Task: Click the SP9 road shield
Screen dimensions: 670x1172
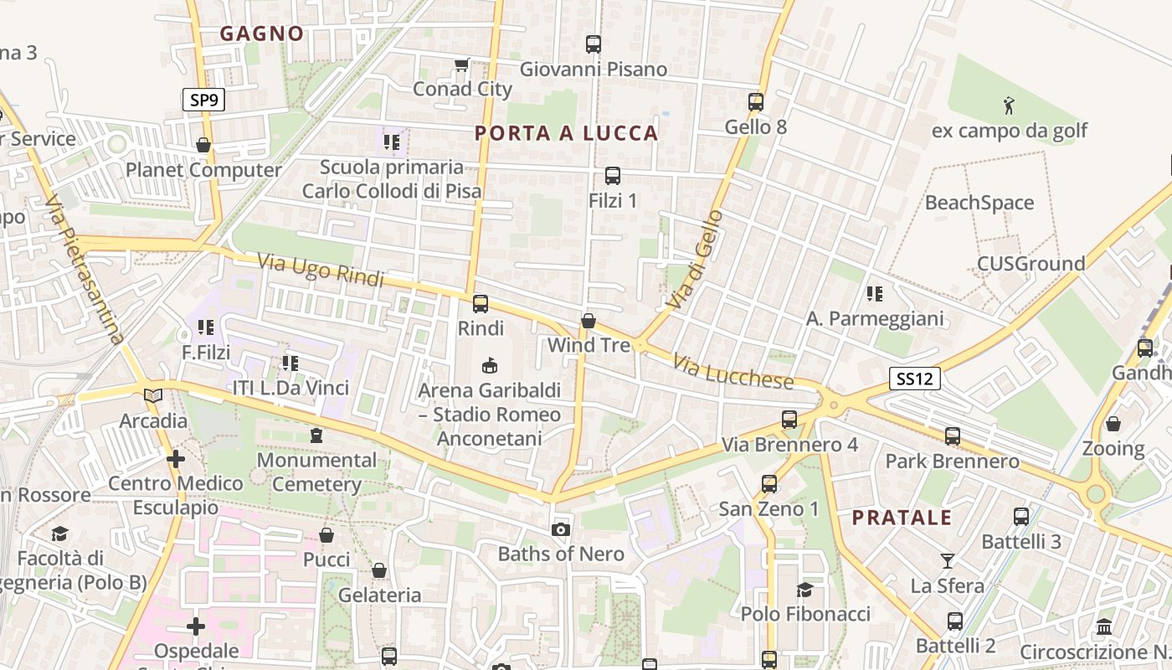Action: (203, 100)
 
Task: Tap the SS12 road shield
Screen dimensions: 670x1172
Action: (914, 379)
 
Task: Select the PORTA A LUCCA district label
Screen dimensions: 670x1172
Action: (567, 133)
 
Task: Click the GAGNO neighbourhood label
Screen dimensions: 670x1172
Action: (262, 33)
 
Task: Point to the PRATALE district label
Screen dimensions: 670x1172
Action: (902, 518)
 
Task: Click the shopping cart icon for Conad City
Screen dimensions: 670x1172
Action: (461, 64)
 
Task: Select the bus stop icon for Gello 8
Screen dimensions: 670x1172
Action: (756, 102)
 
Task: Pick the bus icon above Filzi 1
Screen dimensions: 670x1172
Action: (613, 176)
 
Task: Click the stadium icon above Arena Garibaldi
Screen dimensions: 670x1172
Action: (490, 365)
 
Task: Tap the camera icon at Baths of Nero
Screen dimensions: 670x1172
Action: (561, 529)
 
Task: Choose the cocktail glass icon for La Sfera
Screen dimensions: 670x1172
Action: (948, 560)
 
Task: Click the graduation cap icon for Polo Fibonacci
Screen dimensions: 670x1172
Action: (804, 590)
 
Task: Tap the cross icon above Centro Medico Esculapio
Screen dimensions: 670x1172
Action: (176, 459)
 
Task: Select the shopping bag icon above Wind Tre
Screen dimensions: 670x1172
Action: (589, 321)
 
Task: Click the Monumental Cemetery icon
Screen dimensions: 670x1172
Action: (316, 435)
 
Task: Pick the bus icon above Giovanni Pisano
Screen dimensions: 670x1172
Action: (594, 44)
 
